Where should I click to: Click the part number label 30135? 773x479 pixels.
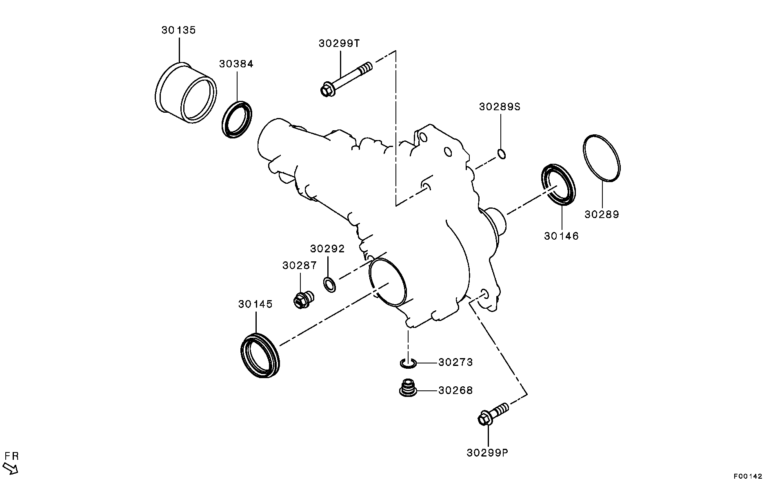[178, 30]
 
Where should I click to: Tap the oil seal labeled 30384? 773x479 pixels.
[237, 119]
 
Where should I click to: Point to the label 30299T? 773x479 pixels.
[339, 44]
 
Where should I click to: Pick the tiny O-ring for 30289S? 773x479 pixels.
[502, 154]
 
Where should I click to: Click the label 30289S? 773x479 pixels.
[500, 107]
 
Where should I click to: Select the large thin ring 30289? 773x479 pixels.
[602, 158]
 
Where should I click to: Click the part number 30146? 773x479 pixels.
[561, 236]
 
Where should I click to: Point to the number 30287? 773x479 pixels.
[299, 265]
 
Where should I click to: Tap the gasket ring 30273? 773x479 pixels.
[408, 363]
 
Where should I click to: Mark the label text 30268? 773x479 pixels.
[455, 391]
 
